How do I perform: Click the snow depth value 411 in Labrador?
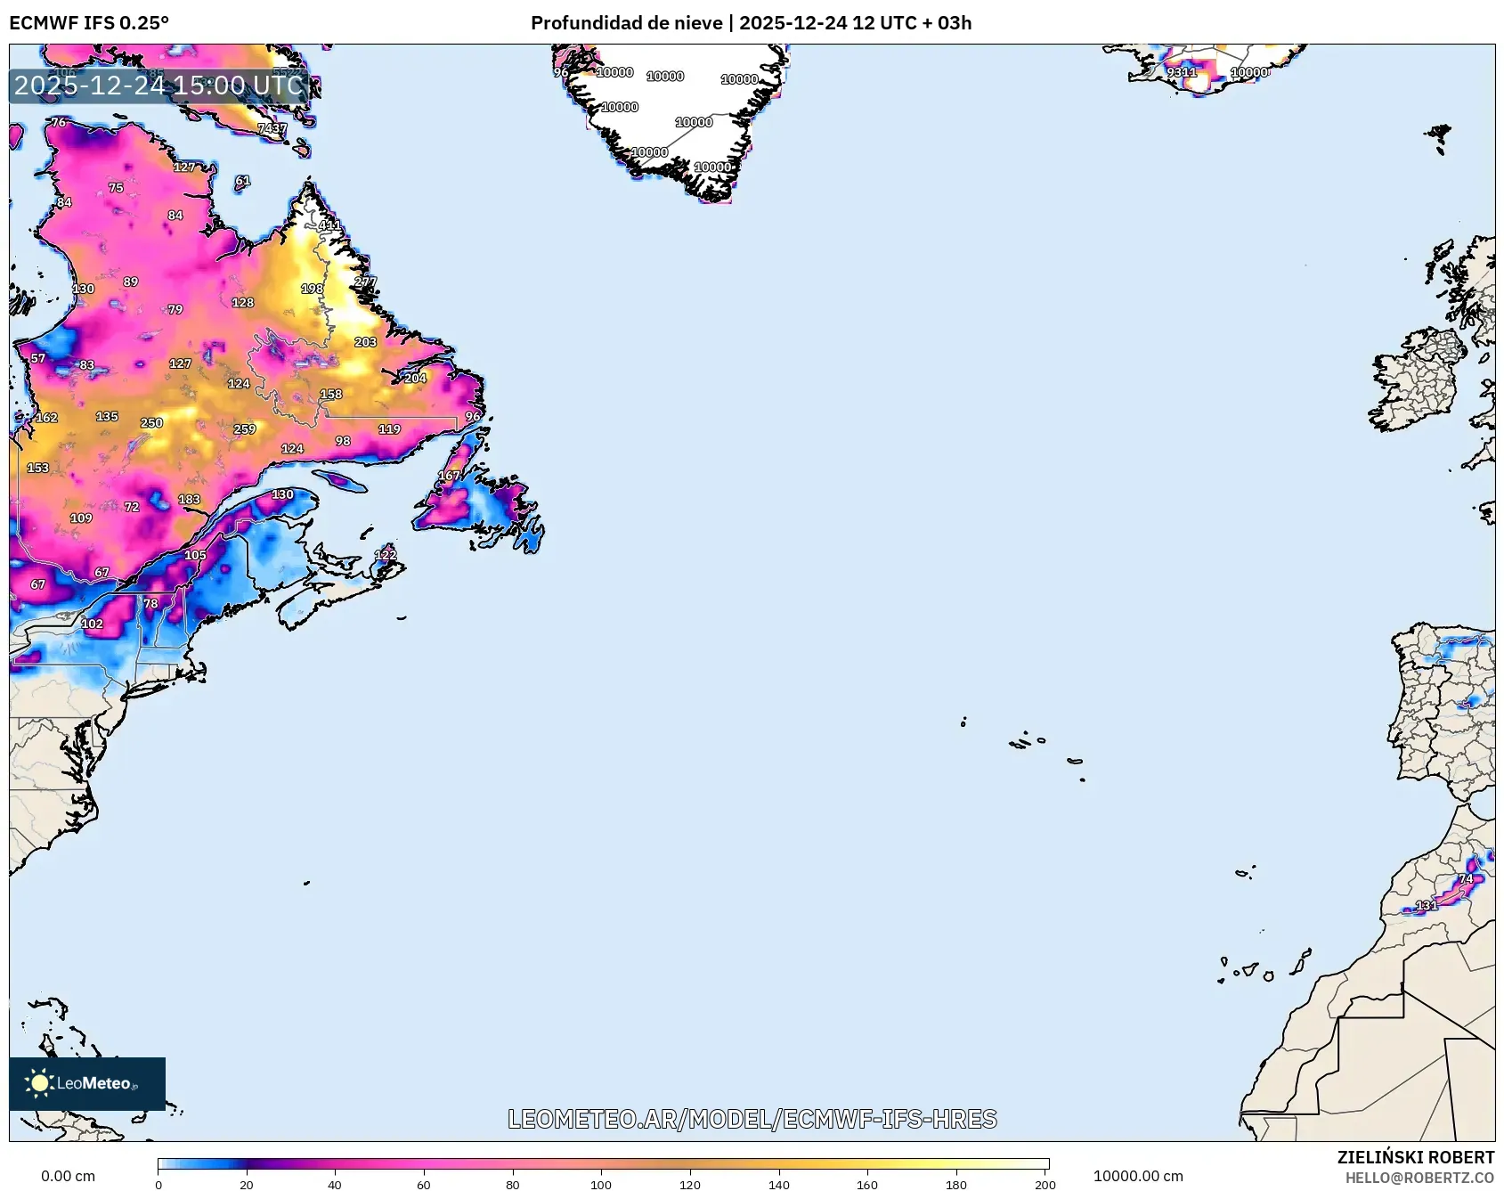(329, 225)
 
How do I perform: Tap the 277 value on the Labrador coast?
(365, 281)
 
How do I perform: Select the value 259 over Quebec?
(245, 429)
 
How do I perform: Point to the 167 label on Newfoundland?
(449, 476)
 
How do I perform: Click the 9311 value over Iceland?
(1182, 72)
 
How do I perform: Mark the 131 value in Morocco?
(1426, 905)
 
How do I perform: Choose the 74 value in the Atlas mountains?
(1466, 879)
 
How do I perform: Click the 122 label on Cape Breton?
(385, 555)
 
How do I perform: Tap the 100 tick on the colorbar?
(601, 1185)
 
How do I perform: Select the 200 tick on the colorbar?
(1045, 1185)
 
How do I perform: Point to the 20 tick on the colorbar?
(246, 1185)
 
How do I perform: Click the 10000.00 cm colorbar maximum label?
(1138, 1176)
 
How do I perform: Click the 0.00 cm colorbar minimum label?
(68, 1176)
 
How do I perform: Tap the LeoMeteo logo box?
(87, 1083)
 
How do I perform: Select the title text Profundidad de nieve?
(626, 23)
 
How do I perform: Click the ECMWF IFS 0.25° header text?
(89, 23)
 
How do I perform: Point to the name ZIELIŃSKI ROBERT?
(1415, 1157)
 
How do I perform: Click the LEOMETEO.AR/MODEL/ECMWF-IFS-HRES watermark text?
(752, 1119)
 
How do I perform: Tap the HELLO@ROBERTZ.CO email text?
(1419, 1178)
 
